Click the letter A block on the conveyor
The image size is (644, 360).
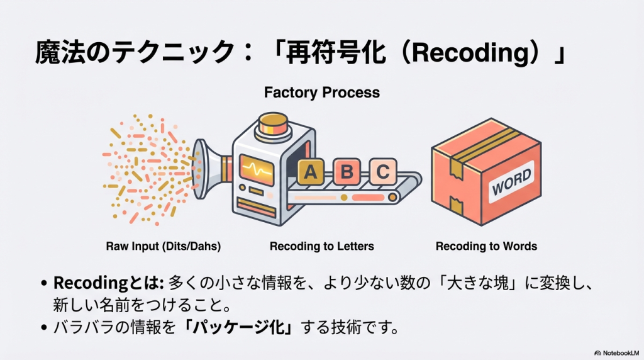pos(310,171)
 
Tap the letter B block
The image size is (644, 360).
pos(347,171)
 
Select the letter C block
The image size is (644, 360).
pos(383,171)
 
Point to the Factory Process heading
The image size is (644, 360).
pos(321,93)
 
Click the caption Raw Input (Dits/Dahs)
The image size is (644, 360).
pos(163,246)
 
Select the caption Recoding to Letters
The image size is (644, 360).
pos(321,246)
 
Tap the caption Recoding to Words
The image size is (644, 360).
pos(486,246)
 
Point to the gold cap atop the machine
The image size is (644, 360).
pos(274,122)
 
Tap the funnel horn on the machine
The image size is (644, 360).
pos(203,169)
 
